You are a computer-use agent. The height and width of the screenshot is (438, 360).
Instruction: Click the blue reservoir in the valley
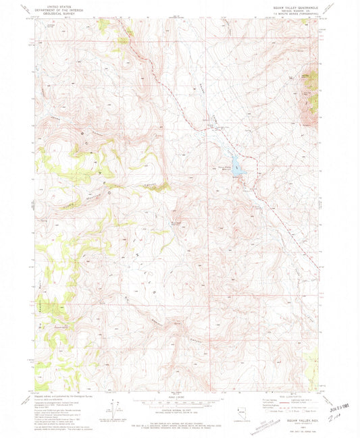236,165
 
